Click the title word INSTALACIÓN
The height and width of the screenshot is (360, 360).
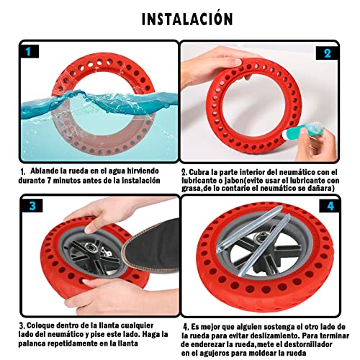click(180, 19)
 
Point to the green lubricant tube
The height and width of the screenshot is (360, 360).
click(306, 126)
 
